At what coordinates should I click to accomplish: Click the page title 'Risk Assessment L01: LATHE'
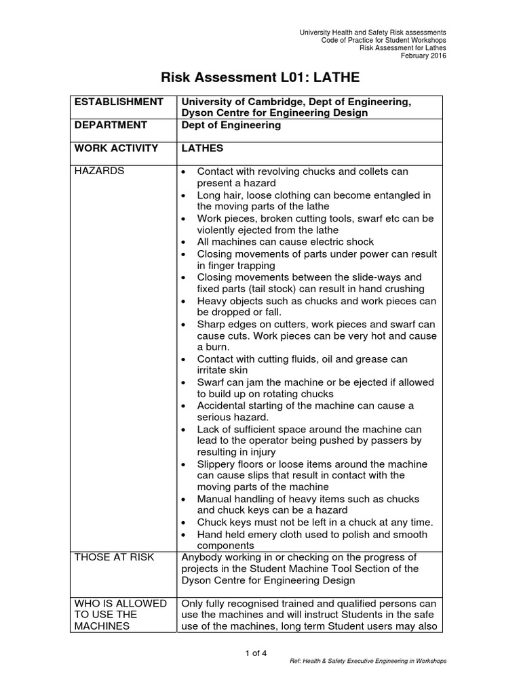pyautogui.click(x=260, y=77)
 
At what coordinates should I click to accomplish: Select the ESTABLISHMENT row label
pyautogui.click(x=119, y=102)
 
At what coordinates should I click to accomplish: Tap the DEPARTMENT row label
pyautogui.click(x=111, y=125)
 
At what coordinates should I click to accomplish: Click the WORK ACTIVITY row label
pyautogui.click(x=116, y=148)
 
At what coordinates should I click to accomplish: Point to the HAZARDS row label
pyautogui.click(x=99, y=171)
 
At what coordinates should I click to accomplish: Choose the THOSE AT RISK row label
pyautogui.click(x=115, y=557)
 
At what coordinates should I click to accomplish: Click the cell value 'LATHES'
pyautogui.click(x=202, y=148)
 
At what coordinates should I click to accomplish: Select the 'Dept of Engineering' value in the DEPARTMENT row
pyautogui.click(x=231, y=125)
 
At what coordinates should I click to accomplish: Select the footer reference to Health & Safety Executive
pyautogui.click(x=368, y=661)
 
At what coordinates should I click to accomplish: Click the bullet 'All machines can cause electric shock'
pyautogui.click(x=286, y=242)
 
